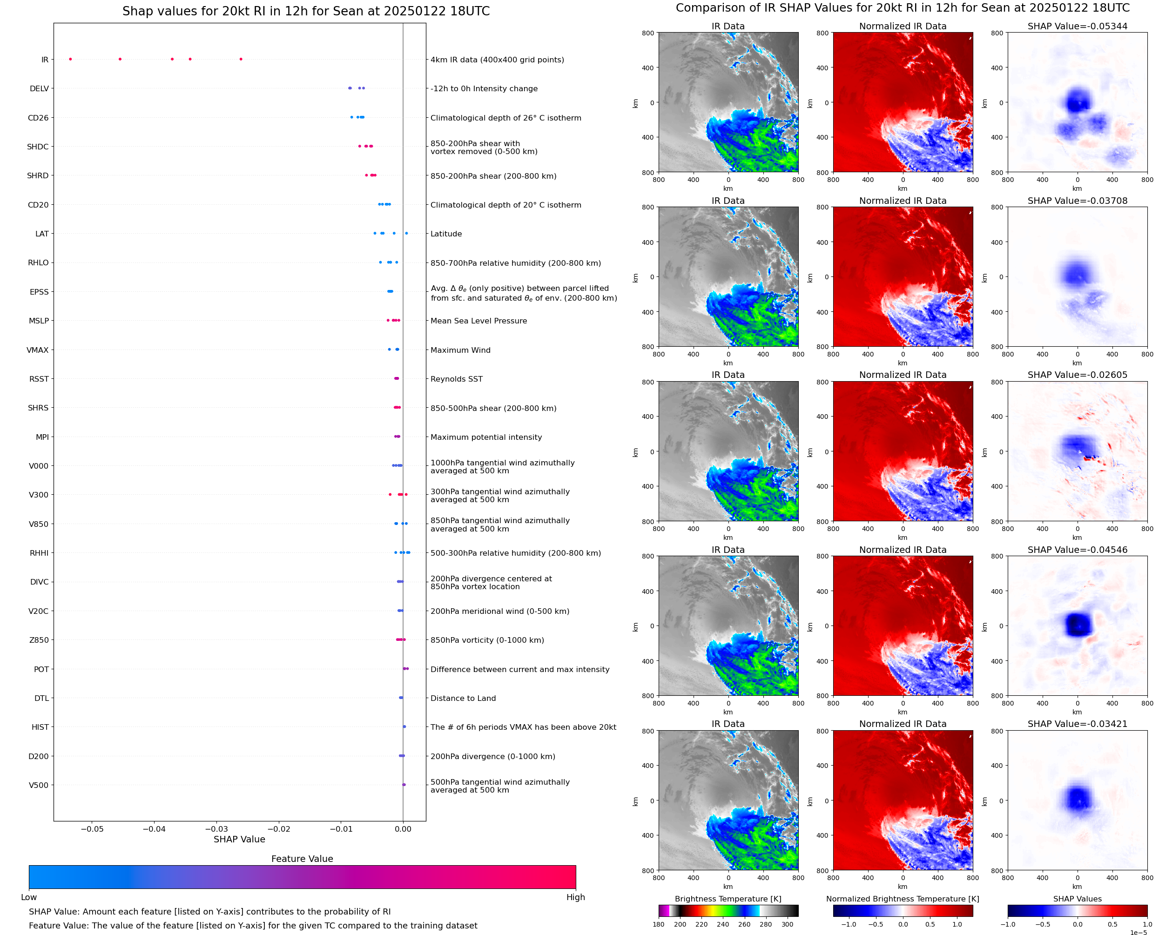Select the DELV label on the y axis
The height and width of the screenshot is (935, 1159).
click(39, 89)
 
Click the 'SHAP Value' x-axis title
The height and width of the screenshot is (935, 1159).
click(239, 839)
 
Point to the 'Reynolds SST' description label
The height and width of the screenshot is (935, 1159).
click(456, 379)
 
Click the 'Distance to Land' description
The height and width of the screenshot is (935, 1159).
click(463, 699)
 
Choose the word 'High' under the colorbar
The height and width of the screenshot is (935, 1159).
click(575, 897)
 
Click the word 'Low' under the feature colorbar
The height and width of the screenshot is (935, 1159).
click(28, 897)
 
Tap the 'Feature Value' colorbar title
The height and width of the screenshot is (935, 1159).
click(302, 859)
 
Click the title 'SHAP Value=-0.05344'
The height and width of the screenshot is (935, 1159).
click(1077, 27)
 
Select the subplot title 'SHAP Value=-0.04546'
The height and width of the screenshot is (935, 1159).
click(1077, 550)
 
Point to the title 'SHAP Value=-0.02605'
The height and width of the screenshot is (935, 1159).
click(1077, 375)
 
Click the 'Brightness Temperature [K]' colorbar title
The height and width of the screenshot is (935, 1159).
click(728, 899)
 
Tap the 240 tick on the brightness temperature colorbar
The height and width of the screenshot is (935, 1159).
click(723, 924)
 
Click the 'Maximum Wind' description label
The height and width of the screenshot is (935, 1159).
click(460, 350)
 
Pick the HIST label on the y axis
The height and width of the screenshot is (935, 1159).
click(40, 727)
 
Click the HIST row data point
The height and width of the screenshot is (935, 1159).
click(404, 726)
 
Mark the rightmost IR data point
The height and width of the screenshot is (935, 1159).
click(241, 59)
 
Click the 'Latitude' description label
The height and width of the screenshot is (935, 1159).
click(446, 234)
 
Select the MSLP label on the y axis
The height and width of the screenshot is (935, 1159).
click(39, 321)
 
